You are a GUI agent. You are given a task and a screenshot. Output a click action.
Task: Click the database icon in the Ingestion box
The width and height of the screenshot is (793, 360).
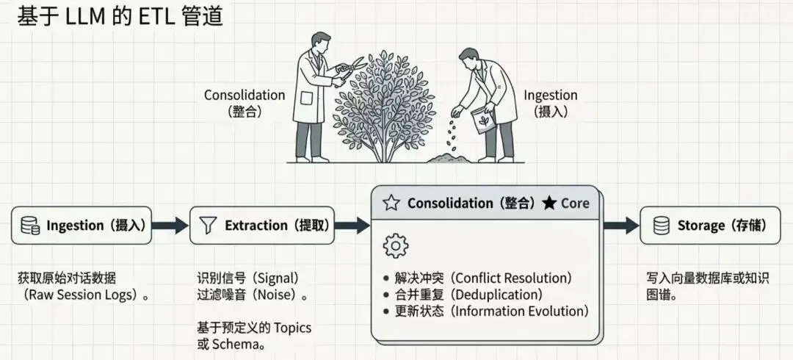pyautogui.click(x=30, y=226)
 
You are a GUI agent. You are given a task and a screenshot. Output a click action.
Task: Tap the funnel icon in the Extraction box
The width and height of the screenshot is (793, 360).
pyautogui.click(x=208, y=226)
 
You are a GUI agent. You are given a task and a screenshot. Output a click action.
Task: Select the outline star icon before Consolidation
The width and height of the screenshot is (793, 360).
pyautogui.click(x=391, y=204)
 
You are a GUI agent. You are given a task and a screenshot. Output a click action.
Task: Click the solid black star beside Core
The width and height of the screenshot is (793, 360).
pyautogui.click(x=548, y=204)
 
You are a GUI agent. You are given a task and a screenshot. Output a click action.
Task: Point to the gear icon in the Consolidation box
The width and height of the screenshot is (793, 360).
pyautogui.click(x=396, y=245)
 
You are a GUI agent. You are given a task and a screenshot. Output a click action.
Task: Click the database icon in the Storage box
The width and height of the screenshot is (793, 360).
pyautogui.click(x=661, y=226)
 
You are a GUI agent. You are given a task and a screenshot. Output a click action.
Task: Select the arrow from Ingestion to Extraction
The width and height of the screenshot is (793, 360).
pyautogui.click(x=171, y=226)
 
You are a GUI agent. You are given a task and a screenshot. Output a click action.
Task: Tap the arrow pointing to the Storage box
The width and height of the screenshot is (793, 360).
pyautogui.click(x=621, y=226)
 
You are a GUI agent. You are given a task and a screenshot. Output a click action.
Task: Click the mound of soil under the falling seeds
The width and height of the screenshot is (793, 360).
pyautogui.click(x=447, y=156)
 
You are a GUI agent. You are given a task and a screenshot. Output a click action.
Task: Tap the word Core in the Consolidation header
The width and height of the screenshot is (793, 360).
pyautogui.click(x=575, y=204)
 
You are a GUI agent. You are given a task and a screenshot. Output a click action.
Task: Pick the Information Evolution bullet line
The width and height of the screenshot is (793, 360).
pyautogui.click(x=486, y=311)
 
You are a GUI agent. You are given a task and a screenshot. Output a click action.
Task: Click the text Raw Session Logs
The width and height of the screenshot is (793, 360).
pyautogui.click(x=83, y=295)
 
